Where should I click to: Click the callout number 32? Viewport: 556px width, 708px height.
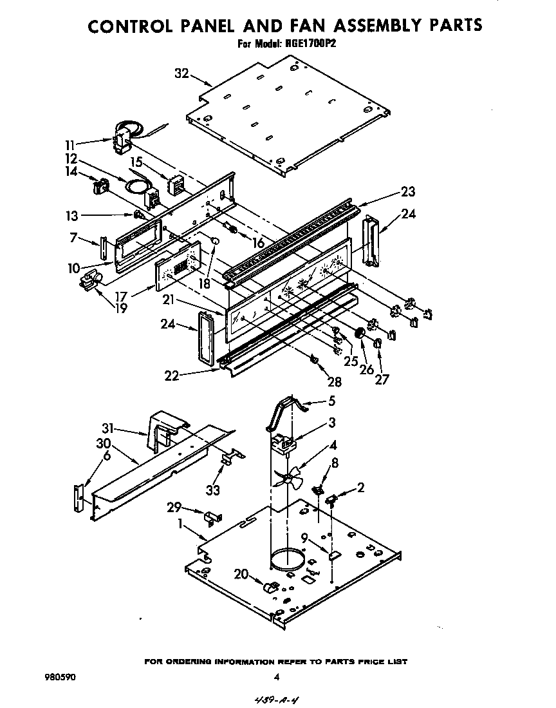[x=181, y=73]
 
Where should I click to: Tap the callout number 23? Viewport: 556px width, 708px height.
[x=407, y=191]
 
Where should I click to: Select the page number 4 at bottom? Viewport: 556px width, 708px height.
[x=276, y=677]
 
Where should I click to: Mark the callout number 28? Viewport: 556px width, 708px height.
[x=335, y=382]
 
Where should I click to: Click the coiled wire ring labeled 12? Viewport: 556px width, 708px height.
[x=136, y=187]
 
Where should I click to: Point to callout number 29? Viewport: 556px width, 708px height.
[x=174, y=507]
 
